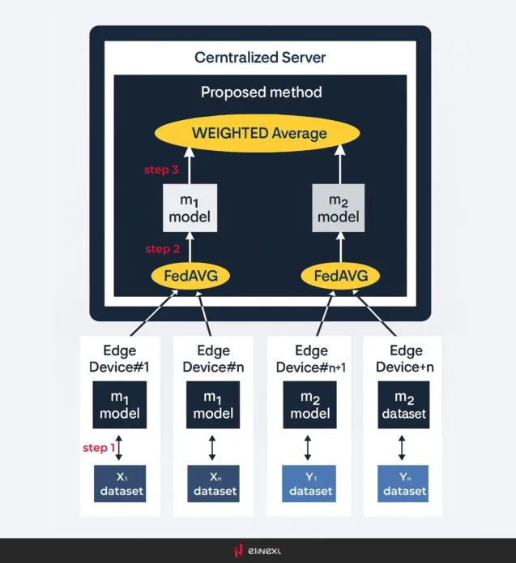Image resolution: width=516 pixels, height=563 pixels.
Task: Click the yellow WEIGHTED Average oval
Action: point(259,134)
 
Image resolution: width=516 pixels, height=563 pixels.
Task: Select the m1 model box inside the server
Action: point(190,208)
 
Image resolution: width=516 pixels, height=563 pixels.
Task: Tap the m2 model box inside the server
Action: point(338,208)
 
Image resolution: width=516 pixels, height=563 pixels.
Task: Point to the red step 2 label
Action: point(162,248)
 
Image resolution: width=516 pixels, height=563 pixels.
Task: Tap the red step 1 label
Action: point(100,448)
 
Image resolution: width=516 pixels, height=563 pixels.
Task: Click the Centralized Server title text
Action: point(260,58)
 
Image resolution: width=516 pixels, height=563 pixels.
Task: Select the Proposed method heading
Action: point(261,92)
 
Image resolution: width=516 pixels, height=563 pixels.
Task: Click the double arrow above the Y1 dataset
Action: point(308,447)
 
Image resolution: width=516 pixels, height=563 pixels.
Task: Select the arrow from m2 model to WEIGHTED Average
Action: point(338,169)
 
